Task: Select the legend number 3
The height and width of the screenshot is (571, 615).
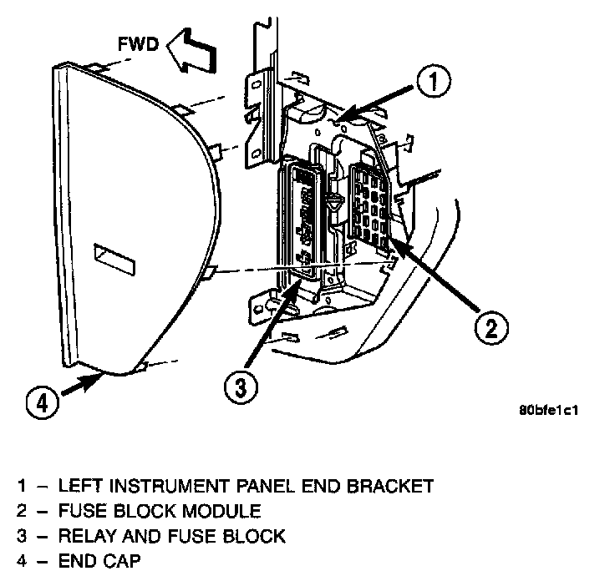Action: (18, 536)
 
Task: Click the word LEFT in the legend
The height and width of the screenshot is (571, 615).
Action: (78, 486)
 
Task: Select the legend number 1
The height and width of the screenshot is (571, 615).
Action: (18, 486)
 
